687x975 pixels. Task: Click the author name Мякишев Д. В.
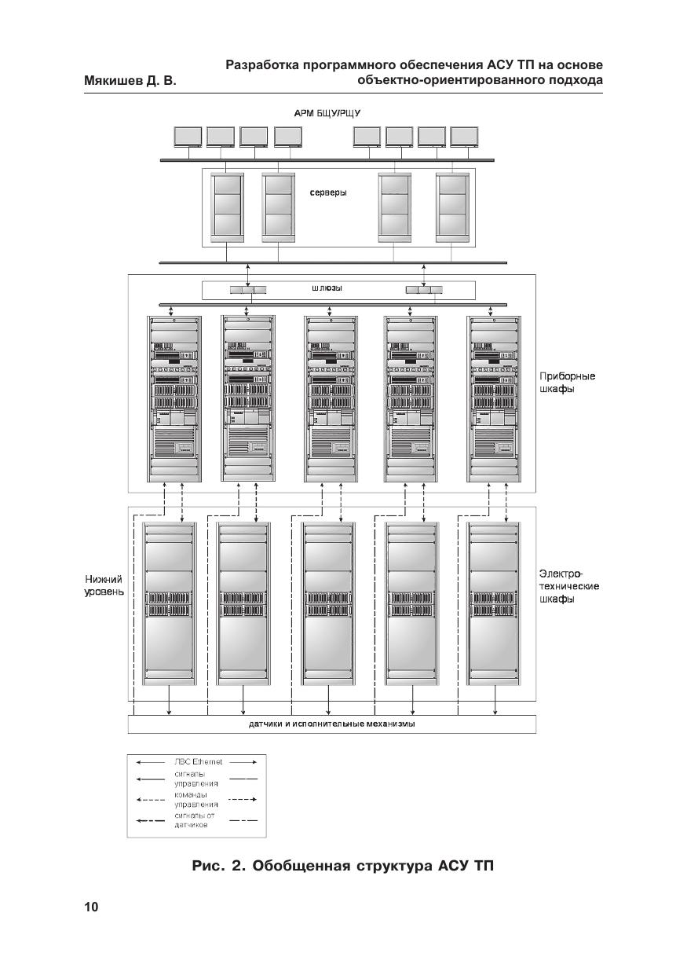point(130,81)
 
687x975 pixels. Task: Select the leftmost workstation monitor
point(188,137)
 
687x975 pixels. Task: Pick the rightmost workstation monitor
point(464,137)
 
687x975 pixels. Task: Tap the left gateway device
point(247,290)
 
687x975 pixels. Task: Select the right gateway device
point(424,290)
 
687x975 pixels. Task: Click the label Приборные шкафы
point(567,383)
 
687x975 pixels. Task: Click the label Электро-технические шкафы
point(569,587)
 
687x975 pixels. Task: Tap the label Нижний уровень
point(104,585)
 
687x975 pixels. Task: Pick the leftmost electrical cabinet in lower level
point(170,603)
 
